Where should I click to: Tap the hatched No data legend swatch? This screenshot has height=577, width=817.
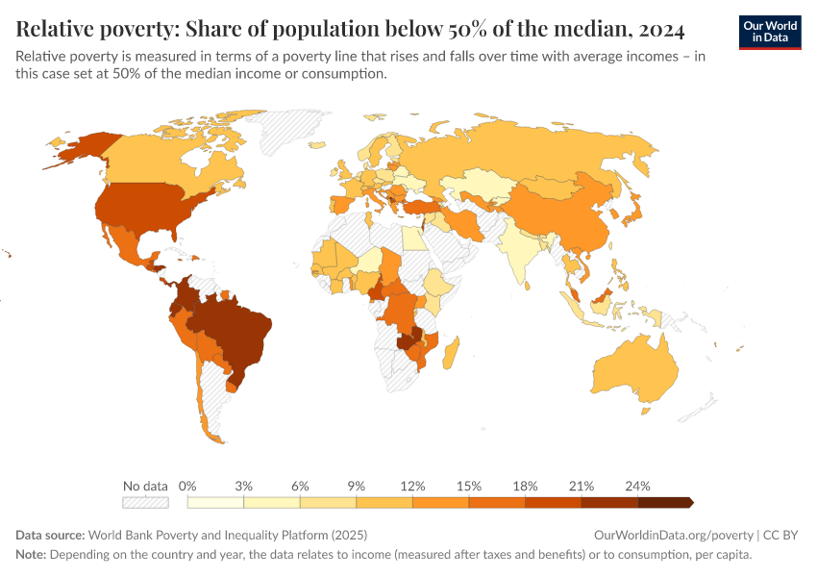coord(145,502)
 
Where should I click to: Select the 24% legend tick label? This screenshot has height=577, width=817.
coord(637,486)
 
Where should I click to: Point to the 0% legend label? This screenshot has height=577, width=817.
coord(188,486)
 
